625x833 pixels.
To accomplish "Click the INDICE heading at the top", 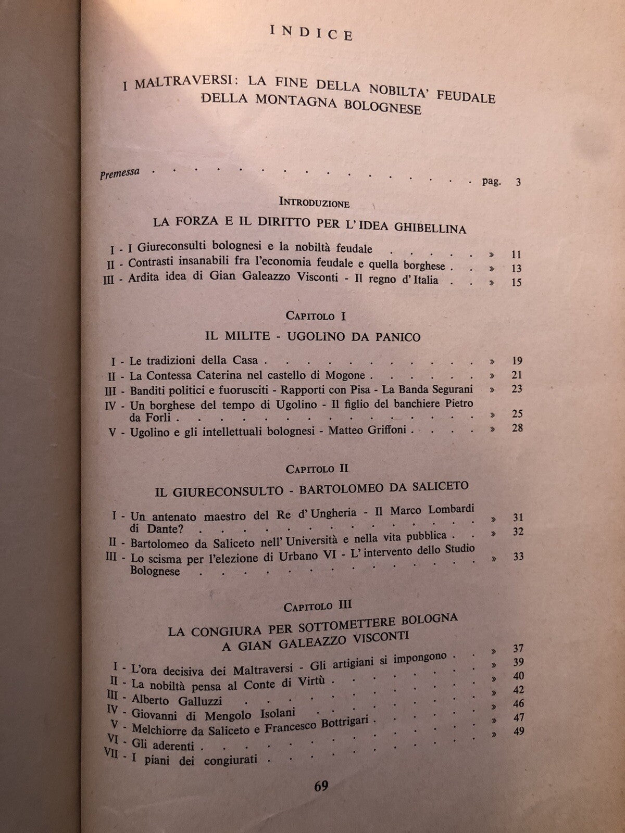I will point(312,34).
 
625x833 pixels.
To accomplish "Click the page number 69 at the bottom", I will point(321,786).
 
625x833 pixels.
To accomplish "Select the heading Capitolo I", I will point(316,315).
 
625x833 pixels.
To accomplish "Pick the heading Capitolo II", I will point(317,469).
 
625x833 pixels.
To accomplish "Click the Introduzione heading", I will point(315,202).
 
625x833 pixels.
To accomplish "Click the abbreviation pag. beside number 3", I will point(492,182).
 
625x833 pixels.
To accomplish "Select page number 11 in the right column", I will point(516,255).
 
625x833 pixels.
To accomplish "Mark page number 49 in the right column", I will point(517,731).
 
